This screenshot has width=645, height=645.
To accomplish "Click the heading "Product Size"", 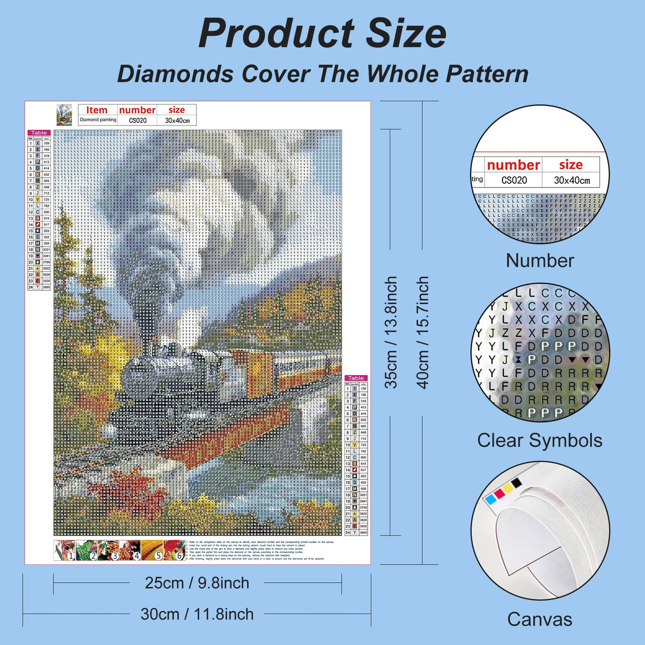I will [322, 34].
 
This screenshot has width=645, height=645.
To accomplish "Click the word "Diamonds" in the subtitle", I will [175, 74].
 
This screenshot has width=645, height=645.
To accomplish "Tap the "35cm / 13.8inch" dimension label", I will [391, 332].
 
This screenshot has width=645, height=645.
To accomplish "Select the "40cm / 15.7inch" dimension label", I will [422, 332].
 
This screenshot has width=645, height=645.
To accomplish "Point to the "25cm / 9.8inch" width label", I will [197, 583].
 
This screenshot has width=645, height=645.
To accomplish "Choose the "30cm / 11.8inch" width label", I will [197, 614].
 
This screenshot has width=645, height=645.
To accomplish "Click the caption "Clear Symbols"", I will [539, 440].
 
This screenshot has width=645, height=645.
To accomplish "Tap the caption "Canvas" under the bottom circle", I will [539, 619].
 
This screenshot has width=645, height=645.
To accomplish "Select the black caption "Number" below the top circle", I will [539, 260].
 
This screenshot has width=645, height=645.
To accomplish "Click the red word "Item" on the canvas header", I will [97, 110].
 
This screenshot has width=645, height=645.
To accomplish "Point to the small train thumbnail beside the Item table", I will [64, 114].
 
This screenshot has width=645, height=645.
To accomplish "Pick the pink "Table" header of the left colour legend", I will [39, 133].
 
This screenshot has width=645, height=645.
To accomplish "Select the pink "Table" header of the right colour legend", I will [356, 378].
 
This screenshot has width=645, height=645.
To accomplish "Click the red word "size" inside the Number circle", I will [571, 165].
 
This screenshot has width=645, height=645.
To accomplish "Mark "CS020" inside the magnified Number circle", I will [514, 180].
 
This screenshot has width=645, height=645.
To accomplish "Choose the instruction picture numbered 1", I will [64, 550].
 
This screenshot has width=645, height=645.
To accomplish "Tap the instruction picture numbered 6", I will [174, 550].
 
